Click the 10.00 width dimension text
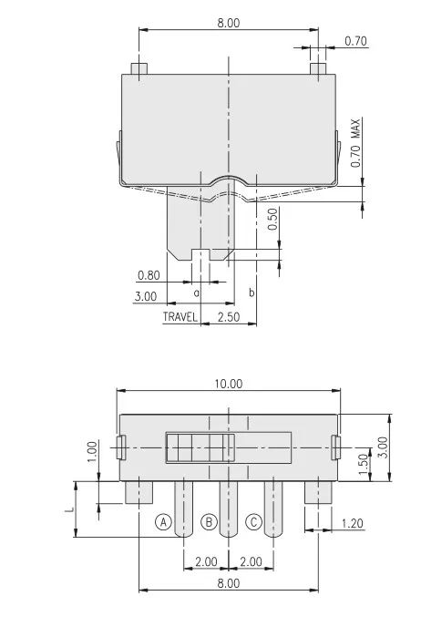coord(229,384)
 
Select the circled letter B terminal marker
coord(209,522)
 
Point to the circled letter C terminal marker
coord(254,522)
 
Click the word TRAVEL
coord(180,317)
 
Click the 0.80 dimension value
coord(149,274)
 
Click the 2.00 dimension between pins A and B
coord(206,561)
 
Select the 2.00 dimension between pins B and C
coord(251,561)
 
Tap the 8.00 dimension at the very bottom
coord(228,582)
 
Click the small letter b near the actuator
coord(251,293)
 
